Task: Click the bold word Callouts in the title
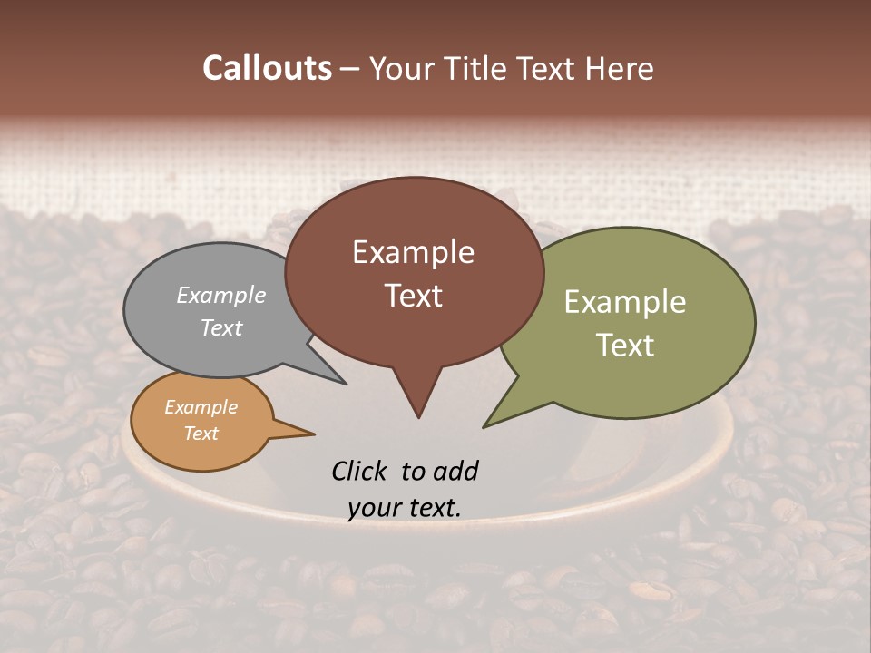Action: click(267, 68)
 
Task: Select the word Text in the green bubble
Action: click(625, 345)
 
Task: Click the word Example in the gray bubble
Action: click(221, 295)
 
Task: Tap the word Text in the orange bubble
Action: click(201, 434)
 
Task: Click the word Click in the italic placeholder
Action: click(359, 471)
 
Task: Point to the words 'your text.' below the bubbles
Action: click(405, 508)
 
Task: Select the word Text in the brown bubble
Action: click(414, 295)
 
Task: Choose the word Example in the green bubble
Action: click(625, 301)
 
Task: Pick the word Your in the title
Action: click(402, 69)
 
